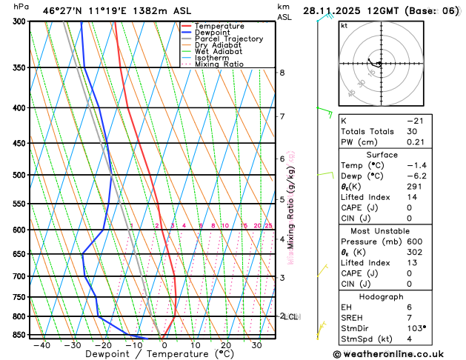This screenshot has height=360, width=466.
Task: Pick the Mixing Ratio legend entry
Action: (x=219, y=64)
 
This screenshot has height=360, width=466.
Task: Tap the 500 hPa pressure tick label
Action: (x=19, y=176)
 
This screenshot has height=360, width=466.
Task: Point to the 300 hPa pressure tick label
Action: (x=19, y=21)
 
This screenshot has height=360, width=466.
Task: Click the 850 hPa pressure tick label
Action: (x=19, y=335)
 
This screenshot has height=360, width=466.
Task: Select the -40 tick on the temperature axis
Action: (x=41, y=345)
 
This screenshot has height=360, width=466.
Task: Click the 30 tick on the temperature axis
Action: (x=256, y=345)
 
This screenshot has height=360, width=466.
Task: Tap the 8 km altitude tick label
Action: (x=282, y=73)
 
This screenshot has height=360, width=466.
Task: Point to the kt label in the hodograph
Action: (x=344, y=25)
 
